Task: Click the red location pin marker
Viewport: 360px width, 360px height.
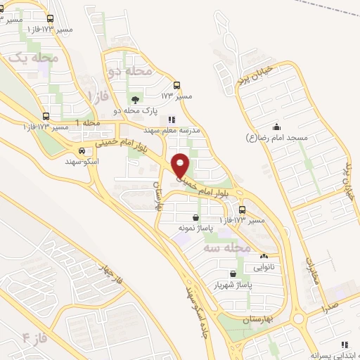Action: (x=181, y=165)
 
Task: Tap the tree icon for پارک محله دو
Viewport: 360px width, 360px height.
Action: (x=135, y=99)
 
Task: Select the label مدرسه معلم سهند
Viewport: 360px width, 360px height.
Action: (x=172, y=131)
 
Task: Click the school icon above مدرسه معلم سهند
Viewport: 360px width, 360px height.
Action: (x=172, y=120)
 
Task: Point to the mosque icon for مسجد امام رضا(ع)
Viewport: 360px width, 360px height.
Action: (x=276, y=127)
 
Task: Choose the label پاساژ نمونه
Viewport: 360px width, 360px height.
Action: (x=195, y=229)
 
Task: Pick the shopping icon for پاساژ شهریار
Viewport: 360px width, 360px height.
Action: (x=233, y=274)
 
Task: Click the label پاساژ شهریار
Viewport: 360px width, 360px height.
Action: (x=233, y=285)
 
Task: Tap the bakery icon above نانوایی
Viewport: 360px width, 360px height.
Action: (x=264, y=256)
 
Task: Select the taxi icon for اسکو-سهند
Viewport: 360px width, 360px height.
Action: (x=82, y=151)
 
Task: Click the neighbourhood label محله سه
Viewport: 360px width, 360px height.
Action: (x=230, y=247)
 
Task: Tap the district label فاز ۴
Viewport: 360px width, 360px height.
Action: (x=34, y=337)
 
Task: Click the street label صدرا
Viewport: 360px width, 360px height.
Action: (x=328, y=307)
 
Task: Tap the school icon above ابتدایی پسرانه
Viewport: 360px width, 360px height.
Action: (x=345, y=345)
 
